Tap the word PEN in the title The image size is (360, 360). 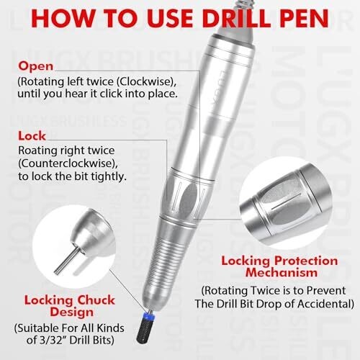[304, 18]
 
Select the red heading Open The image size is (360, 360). [36, 67]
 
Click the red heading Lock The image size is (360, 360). [32, 136]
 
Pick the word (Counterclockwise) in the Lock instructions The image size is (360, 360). [68, 163]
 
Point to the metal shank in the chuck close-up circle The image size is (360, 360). [68, 261]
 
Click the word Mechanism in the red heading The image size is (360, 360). [281, 273]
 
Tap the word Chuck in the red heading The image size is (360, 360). [96, 300]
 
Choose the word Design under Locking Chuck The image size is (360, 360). [71, 312]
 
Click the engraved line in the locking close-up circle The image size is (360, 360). [287, 202]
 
